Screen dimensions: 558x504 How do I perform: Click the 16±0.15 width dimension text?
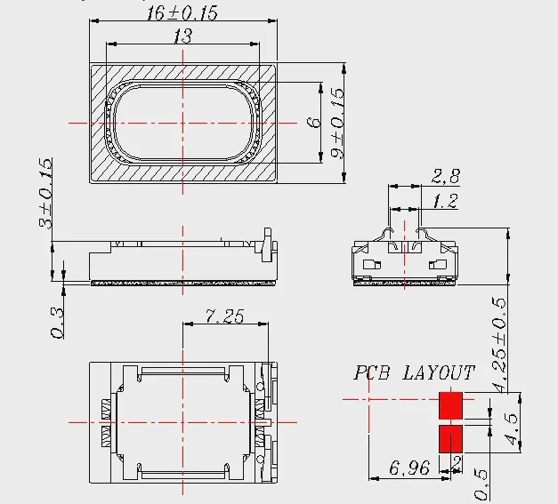coord(182,12)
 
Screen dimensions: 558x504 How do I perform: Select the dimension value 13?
coord(183,36)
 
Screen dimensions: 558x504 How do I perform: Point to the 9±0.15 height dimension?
coord(337,123)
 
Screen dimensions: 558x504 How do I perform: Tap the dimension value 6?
coord(314,123)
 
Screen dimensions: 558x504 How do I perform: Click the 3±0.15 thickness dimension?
coord(46,193)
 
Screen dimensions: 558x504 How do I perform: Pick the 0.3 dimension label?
coord(57,323)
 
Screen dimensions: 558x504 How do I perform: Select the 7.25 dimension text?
coord(225,316)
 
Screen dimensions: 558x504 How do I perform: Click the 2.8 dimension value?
coord(446,176)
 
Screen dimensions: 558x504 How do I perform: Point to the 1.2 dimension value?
coord(445,201)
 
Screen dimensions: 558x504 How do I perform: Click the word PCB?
coord(371,372)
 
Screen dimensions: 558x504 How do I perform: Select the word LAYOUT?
coord(439,372)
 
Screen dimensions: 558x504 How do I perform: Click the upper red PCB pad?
coord(450,405)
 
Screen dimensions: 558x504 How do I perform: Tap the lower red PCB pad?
coord(450,438)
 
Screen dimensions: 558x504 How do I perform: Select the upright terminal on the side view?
coord(267,245)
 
